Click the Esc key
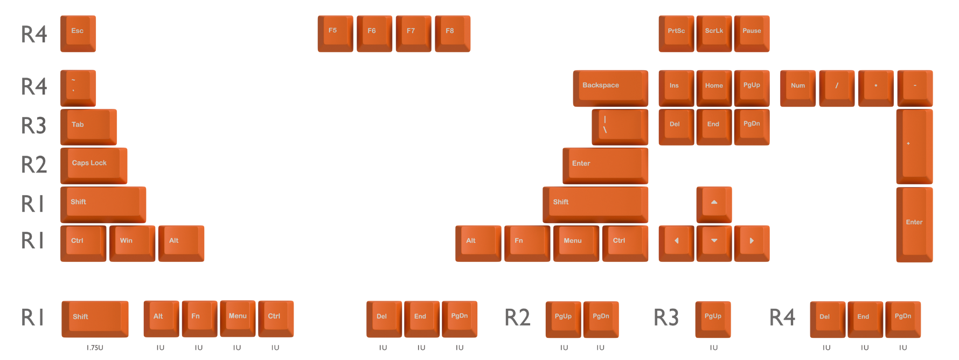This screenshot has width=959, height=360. [78, 33]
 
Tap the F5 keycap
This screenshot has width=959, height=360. [335, 33]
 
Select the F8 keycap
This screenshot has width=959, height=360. [453, 33]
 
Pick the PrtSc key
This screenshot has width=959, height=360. [676, 33]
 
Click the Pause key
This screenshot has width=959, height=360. [752, 33]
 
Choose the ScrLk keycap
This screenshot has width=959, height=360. [714, 33]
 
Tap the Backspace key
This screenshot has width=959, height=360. [610, 88]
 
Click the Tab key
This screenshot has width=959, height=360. [88, 127]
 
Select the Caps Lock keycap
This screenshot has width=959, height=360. [94, 165]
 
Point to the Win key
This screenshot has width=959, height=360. [132, 244]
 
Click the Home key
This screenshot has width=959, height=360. [714, 88]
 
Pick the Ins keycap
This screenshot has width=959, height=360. [676, 88]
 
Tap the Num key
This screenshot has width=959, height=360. [798, 88]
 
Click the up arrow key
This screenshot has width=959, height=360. [714, 204]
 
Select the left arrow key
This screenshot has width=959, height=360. [676, 244]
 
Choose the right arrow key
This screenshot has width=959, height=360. [752, 244]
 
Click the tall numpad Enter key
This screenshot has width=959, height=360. [914, 224]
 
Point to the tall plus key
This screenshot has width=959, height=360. [914, 147]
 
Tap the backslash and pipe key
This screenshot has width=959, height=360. [620, 127]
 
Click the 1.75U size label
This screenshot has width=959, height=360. [95, 348]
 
